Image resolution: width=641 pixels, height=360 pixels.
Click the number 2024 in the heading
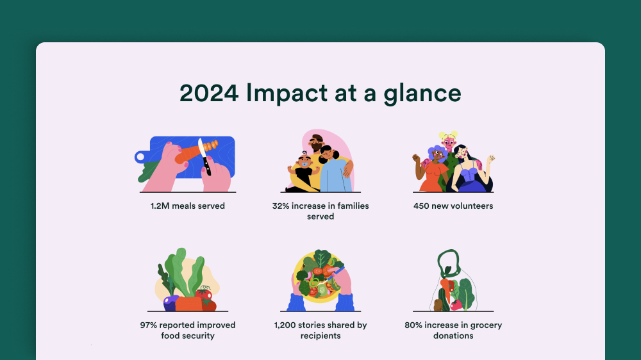209,93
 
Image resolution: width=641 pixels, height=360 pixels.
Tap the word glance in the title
422,94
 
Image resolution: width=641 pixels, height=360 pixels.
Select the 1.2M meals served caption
188,206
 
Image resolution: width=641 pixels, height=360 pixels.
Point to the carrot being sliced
196,152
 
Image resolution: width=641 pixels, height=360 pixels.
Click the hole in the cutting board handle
140,156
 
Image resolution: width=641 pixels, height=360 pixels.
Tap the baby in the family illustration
304,170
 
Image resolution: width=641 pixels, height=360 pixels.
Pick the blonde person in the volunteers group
448,142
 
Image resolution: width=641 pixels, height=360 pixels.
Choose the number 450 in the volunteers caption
421,206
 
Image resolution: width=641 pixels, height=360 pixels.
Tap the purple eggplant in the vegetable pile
171,303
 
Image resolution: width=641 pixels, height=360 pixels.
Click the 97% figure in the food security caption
149,325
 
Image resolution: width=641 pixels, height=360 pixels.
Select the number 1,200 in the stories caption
285,325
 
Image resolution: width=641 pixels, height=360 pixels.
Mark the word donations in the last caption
453,336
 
